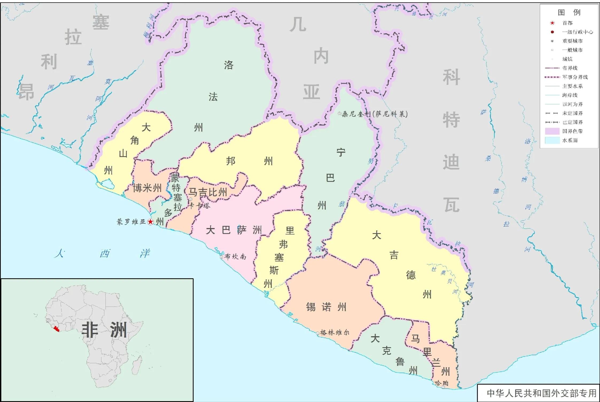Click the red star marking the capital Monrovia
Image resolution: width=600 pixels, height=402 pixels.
(151, 222)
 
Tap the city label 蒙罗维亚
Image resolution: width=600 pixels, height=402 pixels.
(131, 222)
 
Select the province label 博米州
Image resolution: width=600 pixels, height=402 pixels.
(147, 188)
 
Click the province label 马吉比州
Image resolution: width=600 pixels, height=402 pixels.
(208, 192)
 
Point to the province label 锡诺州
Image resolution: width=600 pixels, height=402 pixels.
(326, 307)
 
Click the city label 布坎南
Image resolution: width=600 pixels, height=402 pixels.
(235, 257)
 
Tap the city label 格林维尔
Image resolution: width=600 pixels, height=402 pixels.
(335, 333)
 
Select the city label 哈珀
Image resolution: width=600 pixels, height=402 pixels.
(440, 383)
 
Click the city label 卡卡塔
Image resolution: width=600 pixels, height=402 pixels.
(200, 205)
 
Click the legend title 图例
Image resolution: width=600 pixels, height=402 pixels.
(569, 12)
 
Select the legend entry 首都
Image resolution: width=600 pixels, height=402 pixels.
(567, 23)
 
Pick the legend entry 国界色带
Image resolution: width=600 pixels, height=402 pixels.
(572, 131)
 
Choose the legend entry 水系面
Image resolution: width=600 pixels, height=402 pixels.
(570, 140)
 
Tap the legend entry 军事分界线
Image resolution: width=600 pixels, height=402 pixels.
(575, 77)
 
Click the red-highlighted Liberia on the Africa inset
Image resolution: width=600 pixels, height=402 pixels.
(56, 328)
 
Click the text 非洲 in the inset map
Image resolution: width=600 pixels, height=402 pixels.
(104, 330)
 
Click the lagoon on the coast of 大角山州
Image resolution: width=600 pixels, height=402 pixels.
(106, 183)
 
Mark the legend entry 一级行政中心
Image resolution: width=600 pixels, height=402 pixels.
(577, 32)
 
